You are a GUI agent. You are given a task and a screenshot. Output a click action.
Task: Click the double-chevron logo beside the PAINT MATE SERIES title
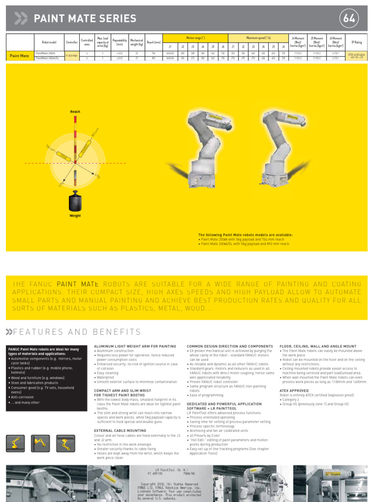coord(21,19)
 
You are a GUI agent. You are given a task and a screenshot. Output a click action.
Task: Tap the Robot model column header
coord(49,43)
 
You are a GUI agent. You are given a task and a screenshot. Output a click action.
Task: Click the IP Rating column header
coord(357,43)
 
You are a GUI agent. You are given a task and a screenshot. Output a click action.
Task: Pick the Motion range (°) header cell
coord(195,38)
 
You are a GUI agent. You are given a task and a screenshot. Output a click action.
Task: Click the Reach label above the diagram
coord(75,112)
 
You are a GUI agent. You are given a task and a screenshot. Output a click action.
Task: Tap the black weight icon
coord(75,201)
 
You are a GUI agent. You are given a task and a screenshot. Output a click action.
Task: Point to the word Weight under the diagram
coord(75,216)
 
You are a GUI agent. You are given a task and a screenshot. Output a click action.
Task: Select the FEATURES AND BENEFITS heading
coord(73,332)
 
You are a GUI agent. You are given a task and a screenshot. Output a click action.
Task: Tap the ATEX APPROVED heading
coord(294,391)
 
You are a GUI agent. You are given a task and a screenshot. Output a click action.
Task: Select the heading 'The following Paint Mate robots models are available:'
coord(245,235)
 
